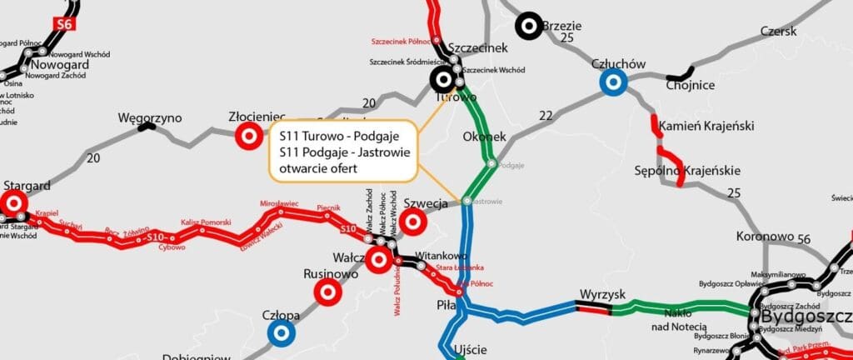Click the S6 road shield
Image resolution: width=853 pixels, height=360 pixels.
[63, 24]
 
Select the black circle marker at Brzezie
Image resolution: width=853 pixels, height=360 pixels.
[528, 27]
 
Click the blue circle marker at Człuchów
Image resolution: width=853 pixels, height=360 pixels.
[614, 82]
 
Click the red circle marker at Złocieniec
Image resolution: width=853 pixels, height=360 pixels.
[247, 136]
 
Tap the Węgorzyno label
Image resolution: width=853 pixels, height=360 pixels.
[150, 117]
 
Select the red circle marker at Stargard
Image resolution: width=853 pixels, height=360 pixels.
[13, 202]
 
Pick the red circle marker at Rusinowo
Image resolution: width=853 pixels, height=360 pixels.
[327, 292]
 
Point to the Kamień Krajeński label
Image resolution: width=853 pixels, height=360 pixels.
[706, 127]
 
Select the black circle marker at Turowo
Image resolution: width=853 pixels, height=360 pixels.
[442, 80]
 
